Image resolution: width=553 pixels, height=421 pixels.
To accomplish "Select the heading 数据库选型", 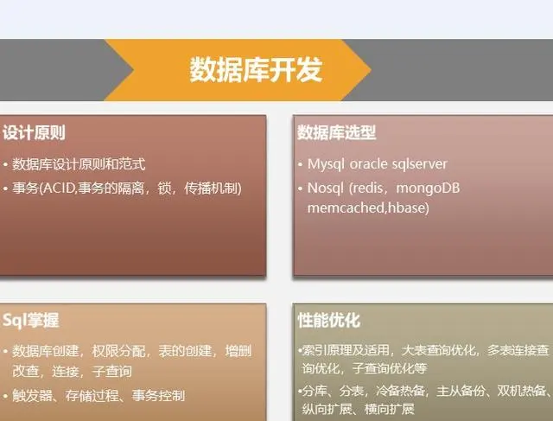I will click(x=337, y=133).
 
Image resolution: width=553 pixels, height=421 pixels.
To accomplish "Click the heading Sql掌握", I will click(x=31, y=321).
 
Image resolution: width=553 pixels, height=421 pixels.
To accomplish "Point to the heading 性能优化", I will click(x=328, y=321).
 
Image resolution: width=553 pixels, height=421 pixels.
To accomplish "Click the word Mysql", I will click(x=325, y=163).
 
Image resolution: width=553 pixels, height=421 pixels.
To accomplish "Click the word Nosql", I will click(x=325, y=188).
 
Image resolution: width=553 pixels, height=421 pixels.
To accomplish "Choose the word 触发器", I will click(x=31, y=397).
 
